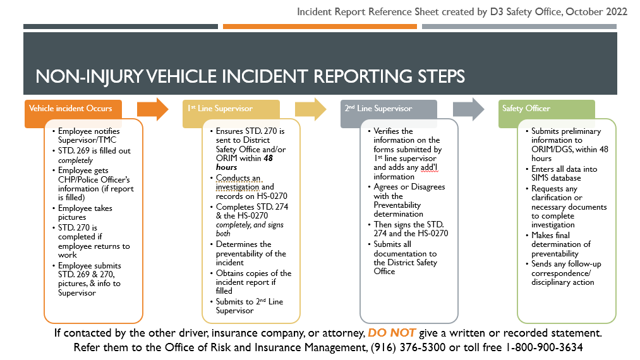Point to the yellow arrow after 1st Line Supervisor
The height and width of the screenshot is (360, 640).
coord(311,109)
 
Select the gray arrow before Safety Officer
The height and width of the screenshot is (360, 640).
coord(469,109)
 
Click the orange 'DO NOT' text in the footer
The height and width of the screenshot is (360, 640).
coord(392,333)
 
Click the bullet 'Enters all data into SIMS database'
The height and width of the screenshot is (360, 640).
coord(564,174)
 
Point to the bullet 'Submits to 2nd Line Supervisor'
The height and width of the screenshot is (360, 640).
coord(249,306)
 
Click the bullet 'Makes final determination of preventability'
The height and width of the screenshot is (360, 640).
coord(561,244)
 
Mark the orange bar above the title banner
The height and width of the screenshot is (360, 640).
coord(320,27)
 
